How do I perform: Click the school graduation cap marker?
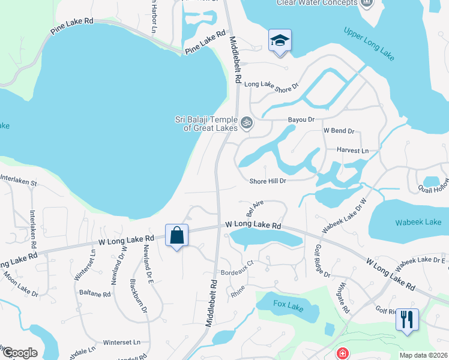[x=279, y=41]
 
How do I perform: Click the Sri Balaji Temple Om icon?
[x=246, y=124]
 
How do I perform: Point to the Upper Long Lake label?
[x=369, y=43]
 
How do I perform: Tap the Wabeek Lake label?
[x=418, y=222]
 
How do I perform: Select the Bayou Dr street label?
[x=301, y=119]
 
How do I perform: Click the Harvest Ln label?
[x=352, y=150]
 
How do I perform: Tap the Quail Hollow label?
[x=433, y=189]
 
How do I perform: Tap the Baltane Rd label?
[x=95, y=294]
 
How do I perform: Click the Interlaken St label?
[x=19, y=179]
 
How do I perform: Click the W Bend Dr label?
[x=339, y=130]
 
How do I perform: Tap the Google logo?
[x=20, y=353]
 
